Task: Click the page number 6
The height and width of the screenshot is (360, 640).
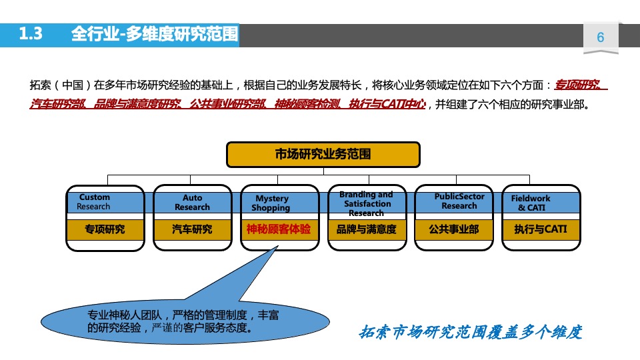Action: click(x=600, y=37)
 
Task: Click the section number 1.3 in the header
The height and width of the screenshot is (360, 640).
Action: click(x=31, y=34)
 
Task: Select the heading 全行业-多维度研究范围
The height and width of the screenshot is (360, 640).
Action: click(x=154, y=34)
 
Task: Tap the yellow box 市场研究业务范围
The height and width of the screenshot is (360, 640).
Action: click(x=323, y=155)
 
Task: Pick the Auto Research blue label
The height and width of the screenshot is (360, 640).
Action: click(x=192, y=203)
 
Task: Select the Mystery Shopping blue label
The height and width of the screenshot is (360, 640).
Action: click(x=271, y=203)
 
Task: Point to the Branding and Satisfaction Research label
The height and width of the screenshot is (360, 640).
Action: click(x=366, y=203)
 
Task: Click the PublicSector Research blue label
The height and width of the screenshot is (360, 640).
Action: click(x=459, y=201)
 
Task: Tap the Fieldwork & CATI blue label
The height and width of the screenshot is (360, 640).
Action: click(x=531, y=203)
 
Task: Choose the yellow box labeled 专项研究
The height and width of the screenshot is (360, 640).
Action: click(x=105, y=229)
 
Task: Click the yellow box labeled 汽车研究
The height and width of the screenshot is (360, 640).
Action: click(x=192, y=229)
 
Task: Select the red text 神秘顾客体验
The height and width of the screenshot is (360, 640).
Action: click(x=279, y=229)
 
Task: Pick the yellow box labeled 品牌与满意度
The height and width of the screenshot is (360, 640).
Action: click(x=366, y=229)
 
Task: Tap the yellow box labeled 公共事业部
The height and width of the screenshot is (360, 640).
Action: click(x=453, y=229)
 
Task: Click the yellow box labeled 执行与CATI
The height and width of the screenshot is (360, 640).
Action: click(x=540, y=229)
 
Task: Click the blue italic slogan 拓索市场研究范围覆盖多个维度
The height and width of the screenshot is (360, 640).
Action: click(x=471, y=331)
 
